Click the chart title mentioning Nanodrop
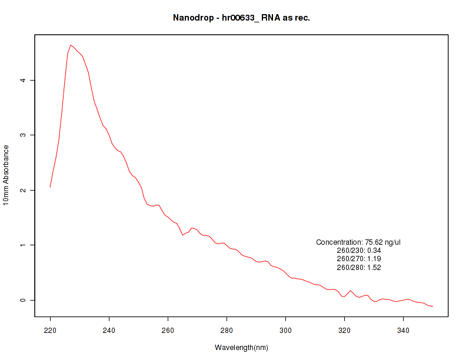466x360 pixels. pyautogui.click(x=241, y=18)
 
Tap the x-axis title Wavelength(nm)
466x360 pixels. pyautogui.click(x=241, y=348)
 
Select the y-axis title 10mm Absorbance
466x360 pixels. pyautogui.click(x=6, y=175)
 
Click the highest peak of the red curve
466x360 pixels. pyautogui.click(x=71, y=45)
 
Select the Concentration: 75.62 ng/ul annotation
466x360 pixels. pyautogui.click(x=358, y=242)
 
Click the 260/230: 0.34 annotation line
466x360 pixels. pyautogui.click(x=358, y=251)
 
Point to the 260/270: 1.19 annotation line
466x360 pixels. pyautogui.click(x=358, y=259)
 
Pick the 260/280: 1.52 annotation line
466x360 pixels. pyautogui.click(x=358, y=268)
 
